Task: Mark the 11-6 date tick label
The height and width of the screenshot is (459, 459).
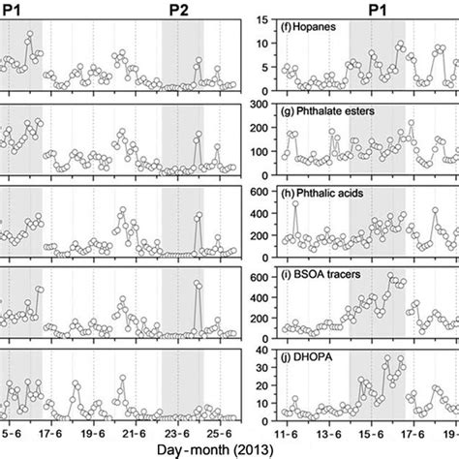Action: click(x=286, y=423)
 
